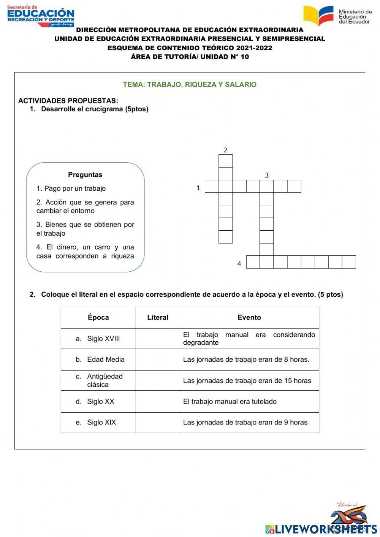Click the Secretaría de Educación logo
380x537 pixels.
41,16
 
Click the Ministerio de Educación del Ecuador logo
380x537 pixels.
337,16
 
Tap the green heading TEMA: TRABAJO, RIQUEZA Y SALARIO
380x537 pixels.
190,84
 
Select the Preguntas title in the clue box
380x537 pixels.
85,175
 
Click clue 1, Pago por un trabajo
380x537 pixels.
71,189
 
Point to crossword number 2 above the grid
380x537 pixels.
225,150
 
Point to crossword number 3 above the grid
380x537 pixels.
267,175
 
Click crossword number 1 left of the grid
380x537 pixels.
198,188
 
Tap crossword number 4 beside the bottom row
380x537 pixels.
239,263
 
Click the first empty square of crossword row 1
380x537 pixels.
212,186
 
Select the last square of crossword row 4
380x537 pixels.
349,262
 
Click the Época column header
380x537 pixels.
98,317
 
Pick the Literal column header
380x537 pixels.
158,317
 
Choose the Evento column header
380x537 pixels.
249,317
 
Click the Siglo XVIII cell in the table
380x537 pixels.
98,339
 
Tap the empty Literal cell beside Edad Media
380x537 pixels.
158,360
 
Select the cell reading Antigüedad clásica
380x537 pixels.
98,380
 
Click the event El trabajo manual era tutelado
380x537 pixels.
230,401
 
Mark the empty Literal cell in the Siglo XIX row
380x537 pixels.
158,422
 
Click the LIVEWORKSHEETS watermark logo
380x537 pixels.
321,529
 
